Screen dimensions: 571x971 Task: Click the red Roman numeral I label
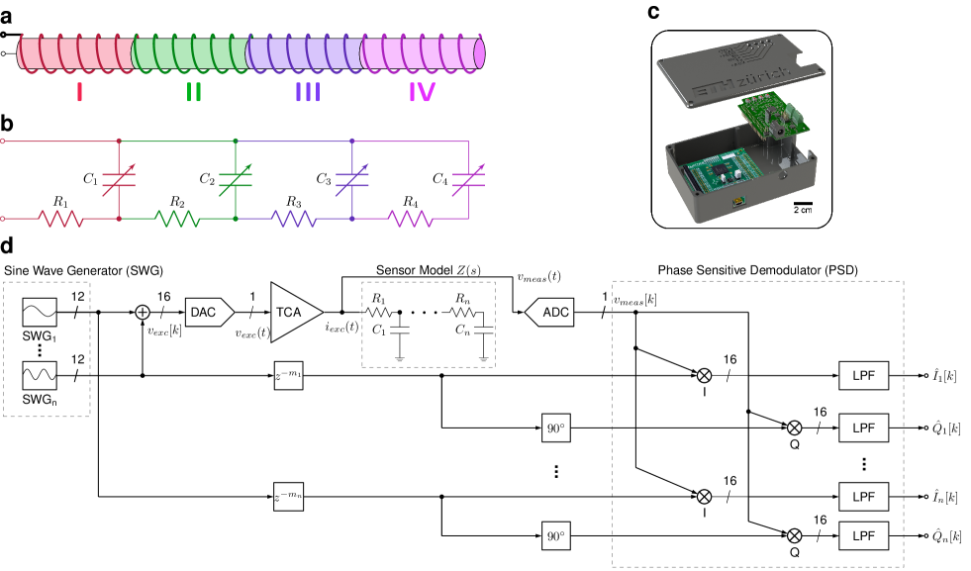(x=79, y=93)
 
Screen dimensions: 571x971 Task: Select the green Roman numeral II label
(x=194, y=93)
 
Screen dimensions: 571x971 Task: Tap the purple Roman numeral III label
(x=308, y=93)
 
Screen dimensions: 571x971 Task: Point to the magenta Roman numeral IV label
(x=423, y=93)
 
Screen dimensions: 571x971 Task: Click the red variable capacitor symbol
(x=119, y=180)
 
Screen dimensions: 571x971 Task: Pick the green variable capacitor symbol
(x=235, y=180)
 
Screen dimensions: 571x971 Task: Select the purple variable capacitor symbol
(x=351, y=180)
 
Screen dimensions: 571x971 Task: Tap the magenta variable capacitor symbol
(x=468, y=180)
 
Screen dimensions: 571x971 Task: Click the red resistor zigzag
(x=61, y=218)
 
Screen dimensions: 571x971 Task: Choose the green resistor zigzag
(x=177, y=218)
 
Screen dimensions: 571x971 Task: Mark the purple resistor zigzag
(x=293, y=218)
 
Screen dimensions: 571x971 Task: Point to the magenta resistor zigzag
(x=410, y=218)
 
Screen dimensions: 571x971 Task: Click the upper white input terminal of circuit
(x=2, y=142)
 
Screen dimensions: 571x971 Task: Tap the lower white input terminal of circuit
(x=2, y=218)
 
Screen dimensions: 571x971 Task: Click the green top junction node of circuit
(x=235, y=142)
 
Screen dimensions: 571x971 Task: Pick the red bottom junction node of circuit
(x=119, y=218)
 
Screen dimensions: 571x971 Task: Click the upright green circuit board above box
(x=777, y=118)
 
